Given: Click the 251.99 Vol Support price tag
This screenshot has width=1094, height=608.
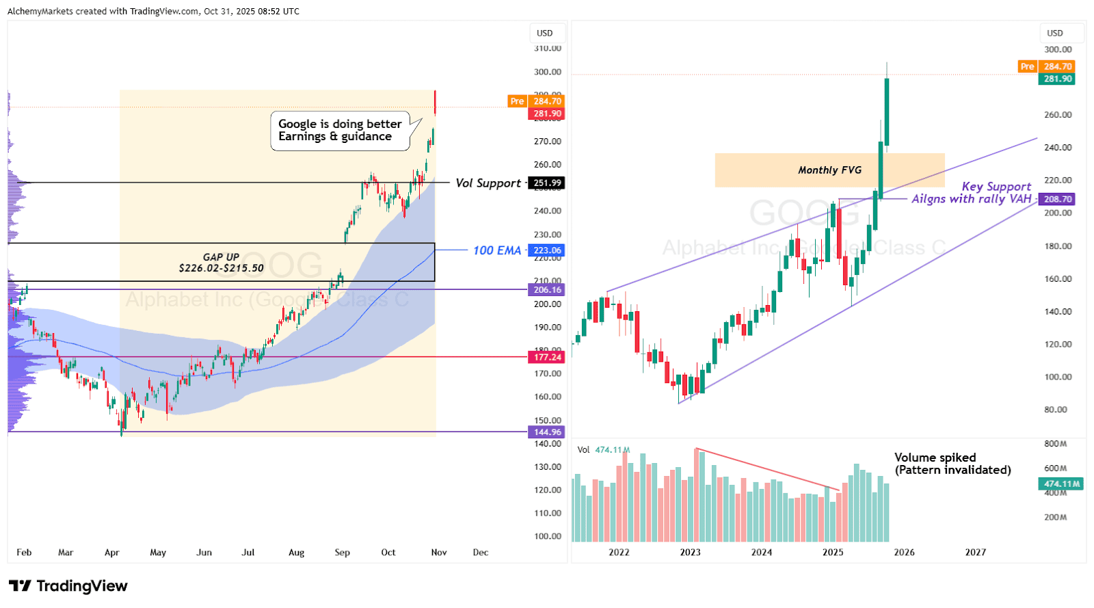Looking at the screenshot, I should (547, 183).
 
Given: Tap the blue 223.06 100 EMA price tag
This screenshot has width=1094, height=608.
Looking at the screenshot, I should (547, 250).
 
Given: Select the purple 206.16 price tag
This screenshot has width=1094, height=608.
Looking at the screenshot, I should (547, 290).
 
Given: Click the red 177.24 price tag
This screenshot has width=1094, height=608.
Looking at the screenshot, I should (547, 357).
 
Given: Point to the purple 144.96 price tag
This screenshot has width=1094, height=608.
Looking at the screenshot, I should (547, 432).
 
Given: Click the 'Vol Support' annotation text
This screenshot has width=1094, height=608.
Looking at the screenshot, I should (488, 183).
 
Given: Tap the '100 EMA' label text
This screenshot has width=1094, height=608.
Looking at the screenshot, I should (497, 250).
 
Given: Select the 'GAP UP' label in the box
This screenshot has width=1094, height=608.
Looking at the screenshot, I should (221, 257).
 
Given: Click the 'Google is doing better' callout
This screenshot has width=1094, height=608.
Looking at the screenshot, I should (340, 130).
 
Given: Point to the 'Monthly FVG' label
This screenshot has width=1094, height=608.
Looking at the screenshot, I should (829, 170).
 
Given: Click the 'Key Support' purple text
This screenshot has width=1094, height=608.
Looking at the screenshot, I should (996, 187).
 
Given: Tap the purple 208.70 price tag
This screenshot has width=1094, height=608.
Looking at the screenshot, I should (1057, 199).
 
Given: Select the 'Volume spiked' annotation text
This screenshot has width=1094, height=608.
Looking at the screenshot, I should (935, 458).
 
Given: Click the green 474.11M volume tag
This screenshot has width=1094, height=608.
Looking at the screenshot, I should (1062, 484).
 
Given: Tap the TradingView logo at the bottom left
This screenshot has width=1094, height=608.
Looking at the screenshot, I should (68, 586).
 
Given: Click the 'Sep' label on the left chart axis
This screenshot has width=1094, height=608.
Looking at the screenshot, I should (342, 553).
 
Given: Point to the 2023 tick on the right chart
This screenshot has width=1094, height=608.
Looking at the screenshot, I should (690, 553).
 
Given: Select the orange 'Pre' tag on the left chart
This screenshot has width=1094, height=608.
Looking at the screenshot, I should (517, 101).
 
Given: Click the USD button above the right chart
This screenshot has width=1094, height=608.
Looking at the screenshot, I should (1055, 33).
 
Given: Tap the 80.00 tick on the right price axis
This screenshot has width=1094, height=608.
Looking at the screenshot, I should (1055, 410).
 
